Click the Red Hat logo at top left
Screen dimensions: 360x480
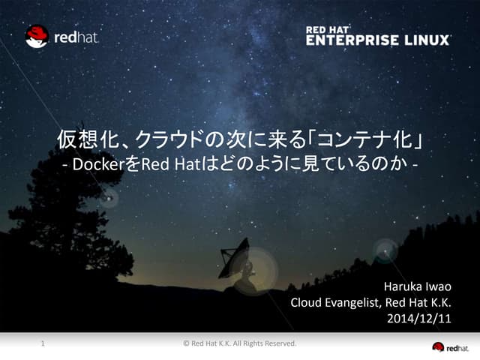point(61,36)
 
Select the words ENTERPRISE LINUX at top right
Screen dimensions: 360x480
point(378,40)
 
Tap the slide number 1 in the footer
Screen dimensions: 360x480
point(43,344)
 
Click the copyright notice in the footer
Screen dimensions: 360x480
point(240,344)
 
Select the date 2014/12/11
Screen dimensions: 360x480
point(422,319)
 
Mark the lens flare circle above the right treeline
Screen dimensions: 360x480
point(385,250)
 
